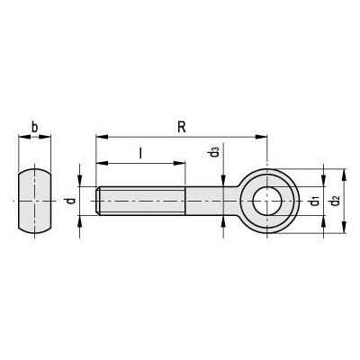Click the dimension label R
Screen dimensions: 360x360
click(x=182, y=127)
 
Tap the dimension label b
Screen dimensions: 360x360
click(x=35, y=128)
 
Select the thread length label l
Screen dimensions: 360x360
click(x=140, y=153)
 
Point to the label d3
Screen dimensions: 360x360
click(x=214, y=152)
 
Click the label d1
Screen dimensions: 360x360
click(x=315, y=201)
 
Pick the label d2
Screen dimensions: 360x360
click(x=335, y=201)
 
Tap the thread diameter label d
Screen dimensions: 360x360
click(x=71, y=201)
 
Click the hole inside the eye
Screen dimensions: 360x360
click(x=266, y=201)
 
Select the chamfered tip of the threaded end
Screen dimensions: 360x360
click(x=98, y=201)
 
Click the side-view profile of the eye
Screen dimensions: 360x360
click(x=35, y=201)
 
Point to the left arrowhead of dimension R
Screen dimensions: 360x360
click(x=102, y=137)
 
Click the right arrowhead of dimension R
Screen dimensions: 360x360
click(x=261, y=137)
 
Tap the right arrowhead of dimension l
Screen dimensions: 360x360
click(x=179, y=163)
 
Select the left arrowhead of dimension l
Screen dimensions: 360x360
click(x=102, y=163)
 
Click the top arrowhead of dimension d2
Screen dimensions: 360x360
click(x=345, y=175)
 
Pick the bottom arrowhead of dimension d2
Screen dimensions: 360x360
click(x=345, y=228)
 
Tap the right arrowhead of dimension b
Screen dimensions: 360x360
click(x=45, y=137)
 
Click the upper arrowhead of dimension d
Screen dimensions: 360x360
click(x=79, y=181)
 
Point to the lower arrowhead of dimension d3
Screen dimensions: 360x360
click(x=223, y=221)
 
